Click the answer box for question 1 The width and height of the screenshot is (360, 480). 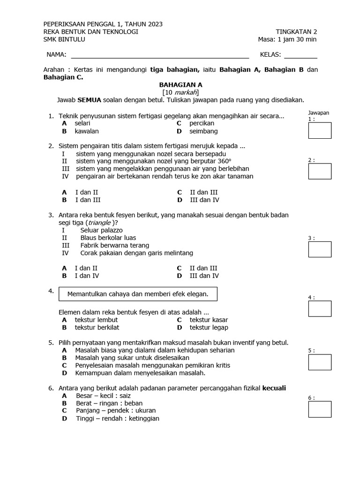320,130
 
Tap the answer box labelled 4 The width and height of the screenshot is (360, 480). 320,308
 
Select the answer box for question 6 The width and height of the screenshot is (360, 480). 320,409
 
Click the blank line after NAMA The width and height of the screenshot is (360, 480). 159,55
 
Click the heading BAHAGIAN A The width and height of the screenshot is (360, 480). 180,85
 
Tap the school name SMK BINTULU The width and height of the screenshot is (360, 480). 64,39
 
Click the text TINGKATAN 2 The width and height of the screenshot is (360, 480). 296,32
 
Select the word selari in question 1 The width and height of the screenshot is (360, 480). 82,123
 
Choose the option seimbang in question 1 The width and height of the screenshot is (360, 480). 203,131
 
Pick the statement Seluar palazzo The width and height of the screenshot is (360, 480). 101,230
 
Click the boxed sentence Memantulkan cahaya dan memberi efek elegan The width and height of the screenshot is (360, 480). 138,294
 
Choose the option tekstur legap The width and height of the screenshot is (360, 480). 209,328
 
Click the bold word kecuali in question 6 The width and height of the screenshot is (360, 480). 274,388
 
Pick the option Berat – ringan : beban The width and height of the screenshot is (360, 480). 109,403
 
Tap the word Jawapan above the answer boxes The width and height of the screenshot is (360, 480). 319,113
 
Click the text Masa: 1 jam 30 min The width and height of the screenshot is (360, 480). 287,39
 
